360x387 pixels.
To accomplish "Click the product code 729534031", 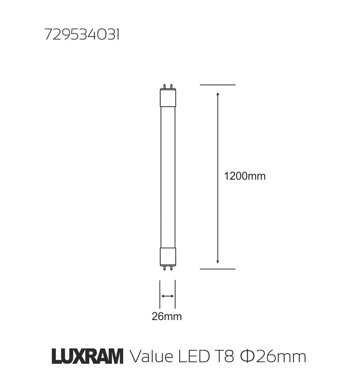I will [82, 36].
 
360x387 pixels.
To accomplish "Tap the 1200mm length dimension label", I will [245, 176].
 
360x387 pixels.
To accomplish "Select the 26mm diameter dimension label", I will [166, 316].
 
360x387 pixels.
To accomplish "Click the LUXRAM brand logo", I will [87, 357].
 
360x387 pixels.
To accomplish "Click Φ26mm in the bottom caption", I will [273, 357].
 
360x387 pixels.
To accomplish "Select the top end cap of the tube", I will [167, 98].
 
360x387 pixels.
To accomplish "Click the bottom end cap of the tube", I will [167, 256].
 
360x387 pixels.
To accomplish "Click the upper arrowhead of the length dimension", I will [218, 94].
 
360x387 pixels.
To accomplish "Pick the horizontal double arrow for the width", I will [167, 296].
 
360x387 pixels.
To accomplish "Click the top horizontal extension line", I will [218, 85].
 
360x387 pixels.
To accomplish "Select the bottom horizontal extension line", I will [218, 269].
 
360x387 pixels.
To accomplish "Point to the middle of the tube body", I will [167, 176].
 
